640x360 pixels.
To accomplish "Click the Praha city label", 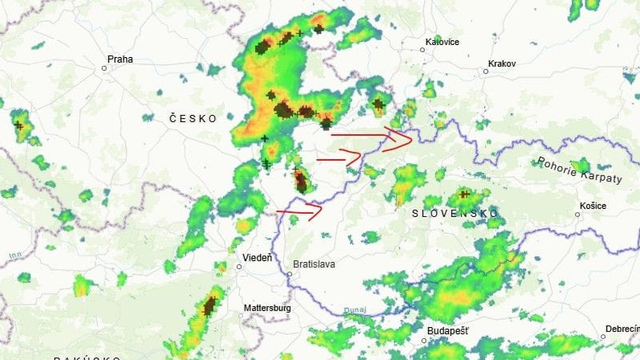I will (x=120, y=59).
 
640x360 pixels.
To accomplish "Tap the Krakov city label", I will (x=501, y=64).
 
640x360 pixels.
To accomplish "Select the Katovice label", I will (x=442, y=42).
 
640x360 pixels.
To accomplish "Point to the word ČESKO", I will (x=193, y=118).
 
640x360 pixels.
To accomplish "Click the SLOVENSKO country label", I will (x=455, y=214).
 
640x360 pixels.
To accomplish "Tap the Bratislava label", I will (x=313, y=265).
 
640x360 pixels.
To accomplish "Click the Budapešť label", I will (x=447, y=330).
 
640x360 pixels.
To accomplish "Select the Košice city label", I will (x=592, y=206).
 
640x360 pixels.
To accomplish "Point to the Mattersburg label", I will (x=266, y=309).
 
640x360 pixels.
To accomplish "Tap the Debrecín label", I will (x=620, y=330).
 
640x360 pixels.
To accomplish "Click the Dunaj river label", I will (x=352, y=311).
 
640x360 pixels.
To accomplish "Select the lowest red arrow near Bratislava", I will (x=300, y=211).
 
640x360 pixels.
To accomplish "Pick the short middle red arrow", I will (x=339, y=156).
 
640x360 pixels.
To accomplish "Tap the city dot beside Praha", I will (x=104, y=68).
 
